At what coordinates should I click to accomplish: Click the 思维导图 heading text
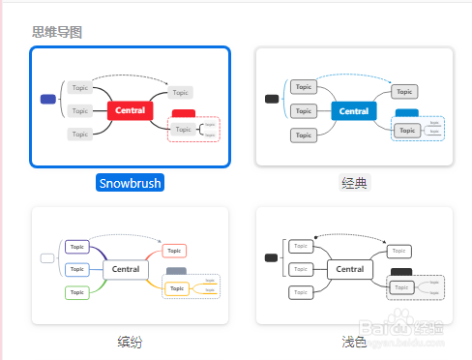point(57,32)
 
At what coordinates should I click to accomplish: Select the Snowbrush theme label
point(131,182)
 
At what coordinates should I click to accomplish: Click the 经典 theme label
point(355,182)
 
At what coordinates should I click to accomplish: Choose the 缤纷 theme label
point(131,342)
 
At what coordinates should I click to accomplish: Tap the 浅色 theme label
point(355,342)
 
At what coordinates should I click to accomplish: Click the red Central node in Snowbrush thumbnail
point(131,110)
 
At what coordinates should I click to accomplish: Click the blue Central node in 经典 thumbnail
point(354,111)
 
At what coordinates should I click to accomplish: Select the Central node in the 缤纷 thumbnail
point(126,269)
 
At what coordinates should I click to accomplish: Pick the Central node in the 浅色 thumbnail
point(349,269)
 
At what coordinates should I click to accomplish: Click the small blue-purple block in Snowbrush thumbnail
point(48,99)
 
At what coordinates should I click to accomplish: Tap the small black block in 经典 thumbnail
point(272,99)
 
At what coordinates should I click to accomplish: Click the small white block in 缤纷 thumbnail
point(47,258)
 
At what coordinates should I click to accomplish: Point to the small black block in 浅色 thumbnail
point(271,257)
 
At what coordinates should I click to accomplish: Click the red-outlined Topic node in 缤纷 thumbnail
point(175,251)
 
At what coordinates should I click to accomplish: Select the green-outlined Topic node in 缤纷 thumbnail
point(78,291)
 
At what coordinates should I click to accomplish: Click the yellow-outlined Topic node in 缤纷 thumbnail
point(175,288)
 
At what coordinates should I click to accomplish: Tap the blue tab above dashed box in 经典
point(406,113)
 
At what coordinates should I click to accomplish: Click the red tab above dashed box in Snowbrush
point(183,113)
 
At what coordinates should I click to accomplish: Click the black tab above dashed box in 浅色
point(400,272)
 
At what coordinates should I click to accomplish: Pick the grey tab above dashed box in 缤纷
point(176,273)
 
